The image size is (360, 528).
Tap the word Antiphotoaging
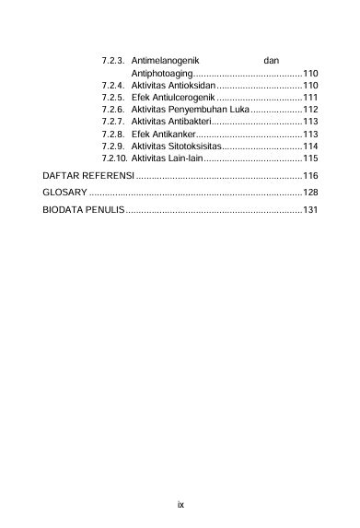pos(162,73)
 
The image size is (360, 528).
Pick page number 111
pos(310,97)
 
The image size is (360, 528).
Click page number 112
pos(310,109)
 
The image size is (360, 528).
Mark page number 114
pos(310,146)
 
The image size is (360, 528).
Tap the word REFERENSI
pos(105,175)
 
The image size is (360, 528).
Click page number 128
pos(310,193)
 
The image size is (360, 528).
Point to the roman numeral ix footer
pos(181,504)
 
